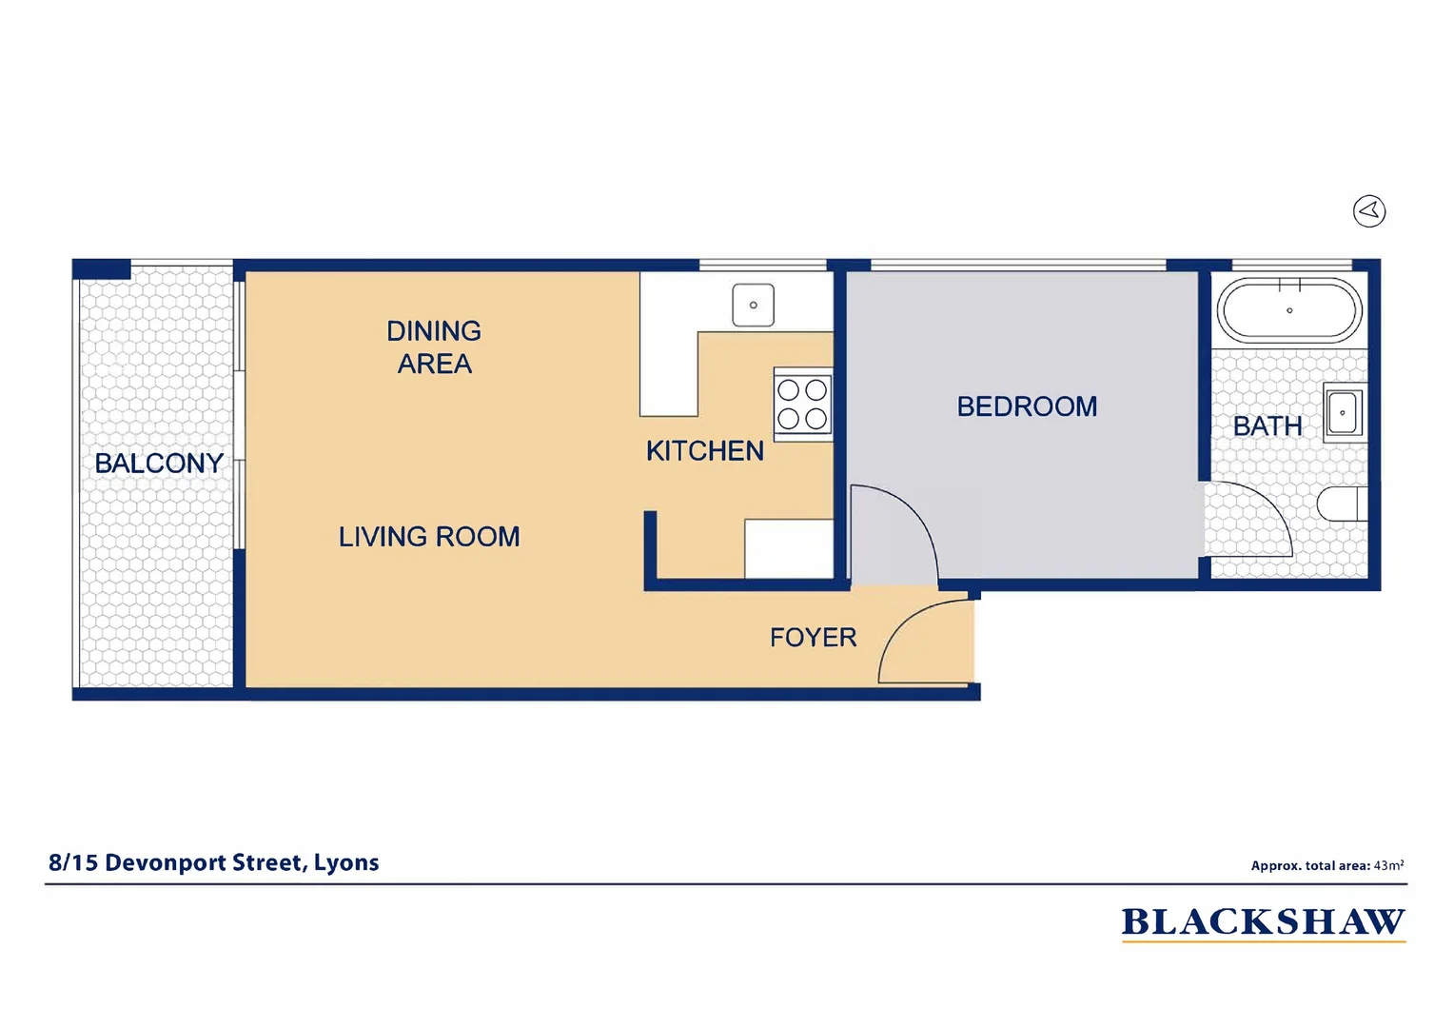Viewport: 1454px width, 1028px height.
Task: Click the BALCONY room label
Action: click(x=159, y=464)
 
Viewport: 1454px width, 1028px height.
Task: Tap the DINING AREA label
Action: click(x=434, y=347)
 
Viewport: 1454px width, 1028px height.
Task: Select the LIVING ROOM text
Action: click(x=429, y=537)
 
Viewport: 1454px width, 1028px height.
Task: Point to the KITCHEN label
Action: click(x=704, y=451)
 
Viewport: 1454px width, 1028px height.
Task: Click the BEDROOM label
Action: click(x=1027, y=406)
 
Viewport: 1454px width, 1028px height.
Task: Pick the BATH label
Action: click(x=1267, y=426)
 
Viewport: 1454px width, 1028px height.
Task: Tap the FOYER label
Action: click(x=813, y=638)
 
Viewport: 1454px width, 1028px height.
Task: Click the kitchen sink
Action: click(x=753, y=306)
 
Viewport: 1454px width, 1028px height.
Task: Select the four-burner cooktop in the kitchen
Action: click(x=803, y=405)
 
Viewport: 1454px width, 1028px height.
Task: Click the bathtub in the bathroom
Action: click(x=1289, y=310)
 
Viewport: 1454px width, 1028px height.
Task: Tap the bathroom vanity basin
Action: click(x=1344, y=413)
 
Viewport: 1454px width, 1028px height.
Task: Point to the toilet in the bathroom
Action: click(x=1343, y=504)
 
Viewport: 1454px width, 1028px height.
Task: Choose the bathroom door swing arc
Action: click(x=1247, y=519)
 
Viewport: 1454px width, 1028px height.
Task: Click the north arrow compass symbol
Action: click(x=1369, y=211)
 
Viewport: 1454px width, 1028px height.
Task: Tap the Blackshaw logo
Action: click(x=1263, y=922)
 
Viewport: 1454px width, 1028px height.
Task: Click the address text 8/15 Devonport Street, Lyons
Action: click(x=214, y=863)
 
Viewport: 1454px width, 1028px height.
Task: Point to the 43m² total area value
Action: click(x=1388, y=866)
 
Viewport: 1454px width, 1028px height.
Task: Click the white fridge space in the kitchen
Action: click(x=788, y=548)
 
